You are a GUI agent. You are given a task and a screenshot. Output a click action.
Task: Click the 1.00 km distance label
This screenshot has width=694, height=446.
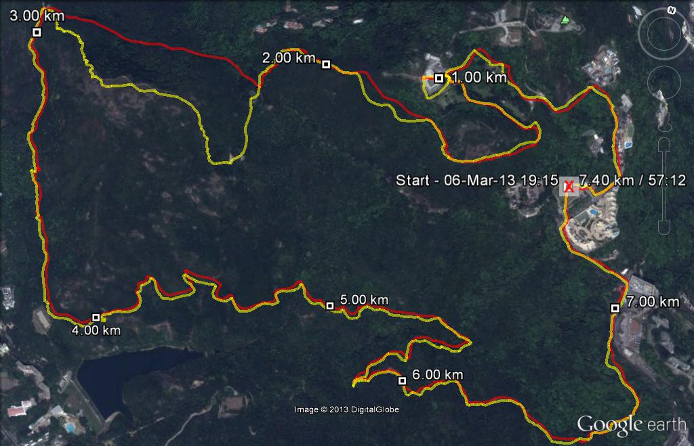pos(479,78)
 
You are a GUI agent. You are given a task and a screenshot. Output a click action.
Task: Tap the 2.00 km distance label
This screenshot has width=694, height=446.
pos(289,58)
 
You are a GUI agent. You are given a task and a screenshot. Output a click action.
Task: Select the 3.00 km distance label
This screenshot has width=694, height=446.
pos(37,16)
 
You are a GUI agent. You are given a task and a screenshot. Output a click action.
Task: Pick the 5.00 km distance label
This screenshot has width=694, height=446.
pos(364,300)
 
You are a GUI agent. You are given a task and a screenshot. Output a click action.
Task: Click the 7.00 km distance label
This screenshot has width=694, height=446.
pos(652,302)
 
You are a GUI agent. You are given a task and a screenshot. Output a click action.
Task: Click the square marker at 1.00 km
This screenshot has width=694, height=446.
pos(439,78)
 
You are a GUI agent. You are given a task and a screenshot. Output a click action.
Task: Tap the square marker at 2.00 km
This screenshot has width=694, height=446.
pos(326,64)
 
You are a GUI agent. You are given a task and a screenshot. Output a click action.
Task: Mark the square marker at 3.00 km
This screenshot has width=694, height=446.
pos(37,32)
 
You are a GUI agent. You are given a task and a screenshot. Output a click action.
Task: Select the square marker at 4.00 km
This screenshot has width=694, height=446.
pos(96,317)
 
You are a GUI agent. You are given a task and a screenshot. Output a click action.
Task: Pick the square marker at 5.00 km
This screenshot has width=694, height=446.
pos(330,306)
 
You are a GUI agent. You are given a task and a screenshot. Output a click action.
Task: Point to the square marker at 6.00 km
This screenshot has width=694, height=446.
pos(402,380)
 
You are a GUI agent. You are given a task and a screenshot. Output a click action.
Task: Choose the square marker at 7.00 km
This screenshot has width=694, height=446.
pos(615,308)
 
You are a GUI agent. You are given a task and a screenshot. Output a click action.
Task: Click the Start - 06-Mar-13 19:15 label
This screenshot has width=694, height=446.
pos(476,181)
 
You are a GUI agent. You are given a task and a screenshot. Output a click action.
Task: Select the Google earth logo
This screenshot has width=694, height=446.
pos(631,424)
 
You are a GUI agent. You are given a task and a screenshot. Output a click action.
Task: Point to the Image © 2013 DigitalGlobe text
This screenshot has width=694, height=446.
pos(346,409)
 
